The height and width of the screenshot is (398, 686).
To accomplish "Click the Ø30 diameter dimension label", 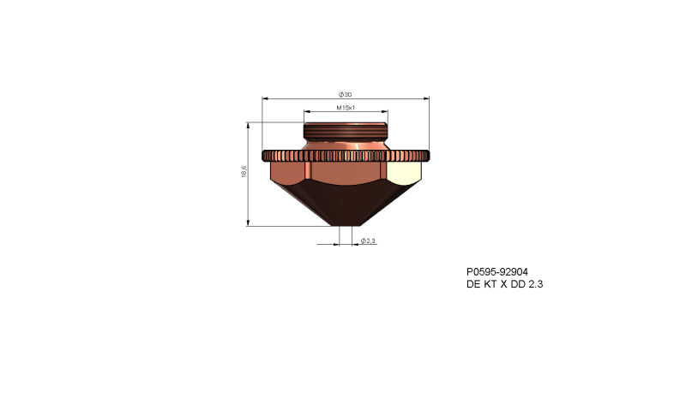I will pos(346,92).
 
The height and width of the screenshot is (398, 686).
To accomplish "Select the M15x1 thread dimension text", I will pos(346,108).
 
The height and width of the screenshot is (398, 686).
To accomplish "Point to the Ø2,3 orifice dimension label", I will pos(369,241).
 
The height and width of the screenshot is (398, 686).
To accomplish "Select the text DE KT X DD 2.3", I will pos(504,284).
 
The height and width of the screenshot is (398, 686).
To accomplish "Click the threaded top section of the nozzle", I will pos(346,133).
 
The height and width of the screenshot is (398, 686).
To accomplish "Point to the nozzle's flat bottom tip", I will pos(346,225).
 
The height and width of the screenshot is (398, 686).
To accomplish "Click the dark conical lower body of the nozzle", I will pos(346,205).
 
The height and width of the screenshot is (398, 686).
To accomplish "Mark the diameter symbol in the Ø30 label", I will pos(341,92).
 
